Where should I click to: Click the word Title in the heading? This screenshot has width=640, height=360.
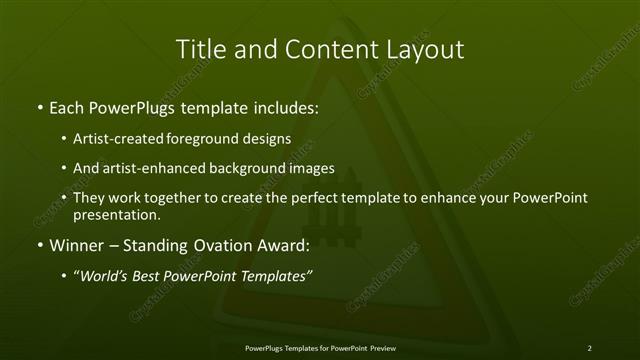click(200, 49)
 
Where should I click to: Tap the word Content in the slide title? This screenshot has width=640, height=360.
click(325, 49)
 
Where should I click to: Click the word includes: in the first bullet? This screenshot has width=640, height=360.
click(282, 106)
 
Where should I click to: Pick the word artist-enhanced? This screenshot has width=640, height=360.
click(151, 168)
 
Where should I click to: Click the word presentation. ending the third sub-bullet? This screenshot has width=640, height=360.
click(116, 214)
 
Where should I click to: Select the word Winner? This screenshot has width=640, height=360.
click(74, 245)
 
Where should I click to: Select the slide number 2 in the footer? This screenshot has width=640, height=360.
click(589, 347)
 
